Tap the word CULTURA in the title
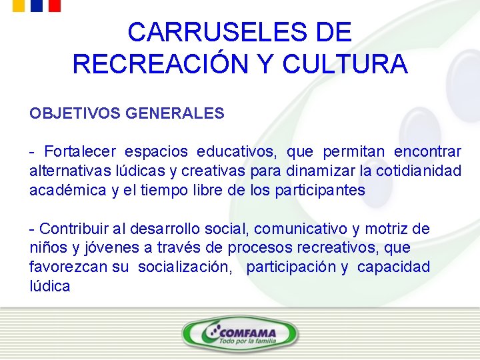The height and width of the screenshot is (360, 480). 345,64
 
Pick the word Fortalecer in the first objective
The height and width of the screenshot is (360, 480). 80,152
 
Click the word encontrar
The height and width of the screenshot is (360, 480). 427,152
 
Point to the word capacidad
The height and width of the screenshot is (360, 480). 393,267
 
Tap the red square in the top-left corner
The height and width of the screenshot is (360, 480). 55,5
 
